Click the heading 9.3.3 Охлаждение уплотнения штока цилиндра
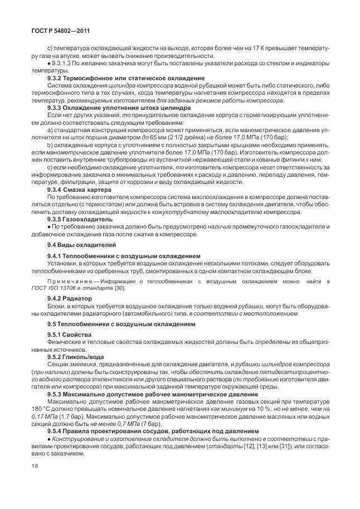[x=119, y=108]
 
